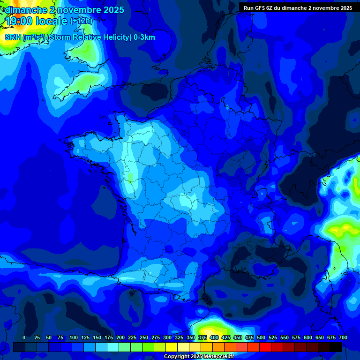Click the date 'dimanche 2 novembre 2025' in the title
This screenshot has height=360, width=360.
64,10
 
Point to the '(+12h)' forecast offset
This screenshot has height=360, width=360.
81,21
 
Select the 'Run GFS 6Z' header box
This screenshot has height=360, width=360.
298,7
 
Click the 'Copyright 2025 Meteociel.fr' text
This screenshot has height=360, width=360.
199,356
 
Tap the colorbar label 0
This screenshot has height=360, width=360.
24,337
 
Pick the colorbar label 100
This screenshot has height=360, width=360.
73,337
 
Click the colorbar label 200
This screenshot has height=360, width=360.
120,337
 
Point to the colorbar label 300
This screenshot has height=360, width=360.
167,337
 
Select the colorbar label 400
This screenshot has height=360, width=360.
214,337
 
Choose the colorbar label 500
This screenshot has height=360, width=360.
261,337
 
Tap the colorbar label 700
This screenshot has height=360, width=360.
343,337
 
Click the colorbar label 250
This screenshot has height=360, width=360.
143,337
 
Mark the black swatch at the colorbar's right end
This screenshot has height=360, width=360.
336,347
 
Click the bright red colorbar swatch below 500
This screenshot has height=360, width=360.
265,347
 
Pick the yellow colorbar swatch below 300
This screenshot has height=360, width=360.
172,347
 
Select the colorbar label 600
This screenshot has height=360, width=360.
307,337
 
